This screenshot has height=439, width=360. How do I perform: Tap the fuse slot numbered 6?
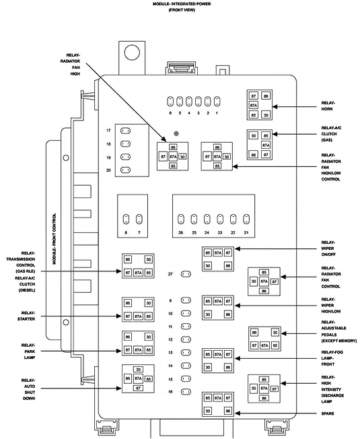click(171, 101)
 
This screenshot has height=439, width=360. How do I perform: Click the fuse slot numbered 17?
click(125, 130)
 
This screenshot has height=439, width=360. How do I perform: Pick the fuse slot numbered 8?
click(126, 219)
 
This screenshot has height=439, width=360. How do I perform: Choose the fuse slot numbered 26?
click(180, 219)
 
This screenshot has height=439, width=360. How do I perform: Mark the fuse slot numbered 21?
click(246, 219)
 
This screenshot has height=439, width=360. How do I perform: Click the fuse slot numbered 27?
click(186, 274)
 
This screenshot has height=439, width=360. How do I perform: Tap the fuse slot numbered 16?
click(186, 391)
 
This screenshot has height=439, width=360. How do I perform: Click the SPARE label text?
click(329, 412)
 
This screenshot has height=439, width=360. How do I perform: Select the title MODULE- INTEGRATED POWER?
click(180, 4)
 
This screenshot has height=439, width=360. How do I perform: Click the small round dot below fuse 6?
click(176, 133)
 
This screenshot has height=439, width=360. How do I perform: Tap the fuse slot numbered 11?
click(186, 327)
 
